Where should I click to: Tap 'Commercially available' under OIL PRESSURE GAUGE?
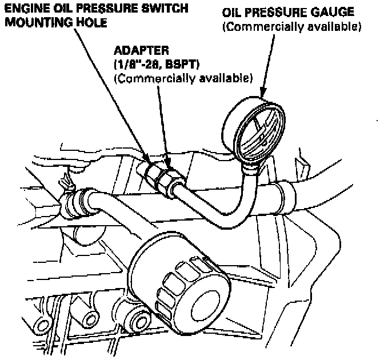coord(291,26)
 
